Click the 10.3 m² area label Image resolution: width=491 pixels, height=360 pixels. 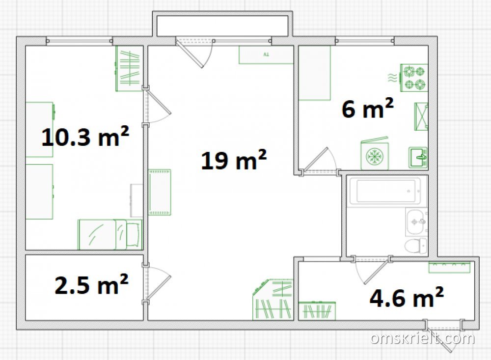pos(85,137)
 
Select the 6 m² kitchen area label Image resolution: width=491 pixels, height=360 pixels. pos(368,109)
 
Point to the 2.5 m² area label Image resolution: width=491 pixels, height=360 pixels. pos(91,284)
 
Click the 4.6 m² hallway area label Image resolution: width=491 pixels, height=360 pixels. pos(407,297)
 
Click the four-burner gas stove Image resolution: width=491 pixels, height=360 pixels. pos(414,78)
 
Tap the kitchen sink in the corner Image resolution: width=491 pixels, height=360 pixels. pos(418,158)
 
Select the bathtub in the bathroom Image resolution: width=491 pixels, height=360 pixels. pos(385,191)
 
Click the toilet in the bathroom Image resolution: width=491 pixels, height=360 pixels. pos(416,246)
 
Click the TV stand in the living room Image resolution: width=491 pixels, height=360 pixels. pos(266,55)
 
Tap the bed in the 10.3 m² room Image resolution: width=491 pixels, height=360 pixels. pos(110,234)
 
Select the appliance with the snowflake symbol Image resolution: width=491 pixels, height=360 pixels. pos(375,155)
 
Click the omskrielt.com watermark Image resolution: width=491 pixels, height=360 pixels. pos(422,338)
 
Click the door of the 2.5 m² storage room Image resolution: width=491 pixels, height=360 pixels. pos(158,283)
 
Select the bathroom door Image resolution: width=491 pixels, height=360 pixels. pos(373,270)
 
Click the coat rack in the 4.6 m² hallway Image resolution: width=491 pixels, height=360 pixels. pos(449,267)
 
